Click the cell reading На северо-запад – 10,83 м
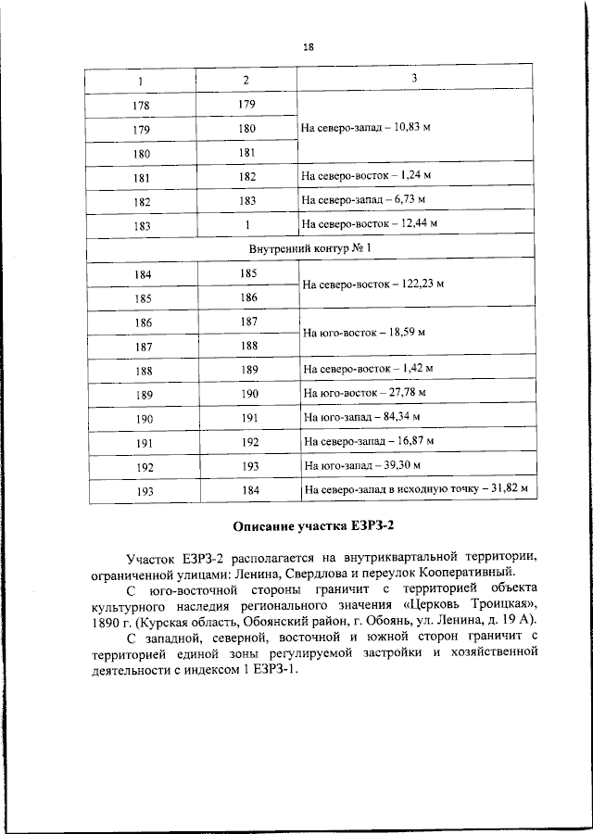(x=366, y=127)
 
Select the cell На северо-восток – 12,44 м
(x=369, y=224)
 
